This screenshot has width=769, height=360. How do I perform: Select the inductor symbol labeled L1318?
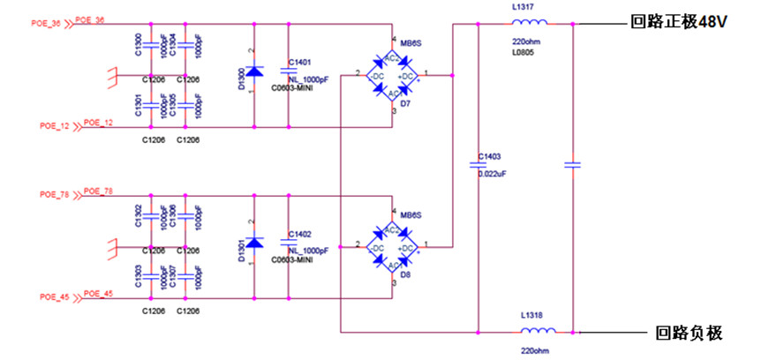tap(536, 333)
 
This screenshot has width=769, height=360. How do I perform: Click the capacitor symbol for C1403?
tap(478, 163)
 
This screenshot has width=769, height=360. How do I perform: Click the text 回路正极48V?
tap(677, 22)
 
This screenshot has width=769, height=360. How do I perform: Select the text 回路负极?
tap(690, 333)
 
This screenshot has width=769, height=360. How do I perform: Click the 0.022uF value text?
tap(493, 174)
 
